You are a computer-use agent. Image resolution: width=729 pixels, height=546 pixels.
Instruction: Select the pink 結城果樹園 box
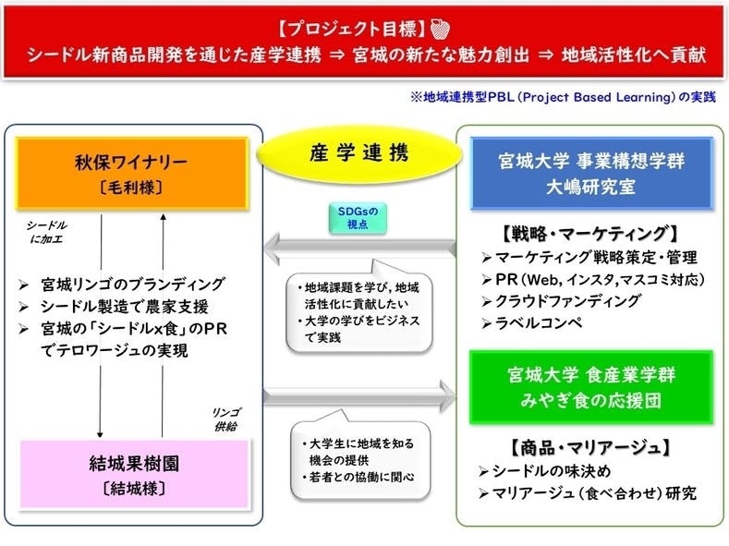133,473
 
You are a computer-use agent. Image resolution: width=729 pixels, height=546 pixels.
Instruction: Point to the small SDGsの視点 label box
358,216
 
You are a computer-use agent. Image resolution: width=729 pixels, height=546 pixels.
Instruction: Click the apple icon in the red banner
439,26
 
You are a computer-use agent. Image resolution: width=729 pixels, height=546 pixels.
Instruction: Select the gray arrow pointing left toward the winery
358,248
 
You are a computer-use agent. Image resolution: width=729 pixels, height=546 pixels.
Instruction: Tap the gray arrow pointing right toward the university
358,395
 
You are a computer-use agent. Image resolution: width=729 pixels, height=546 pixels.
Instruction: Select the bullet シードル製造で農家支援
128,306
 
